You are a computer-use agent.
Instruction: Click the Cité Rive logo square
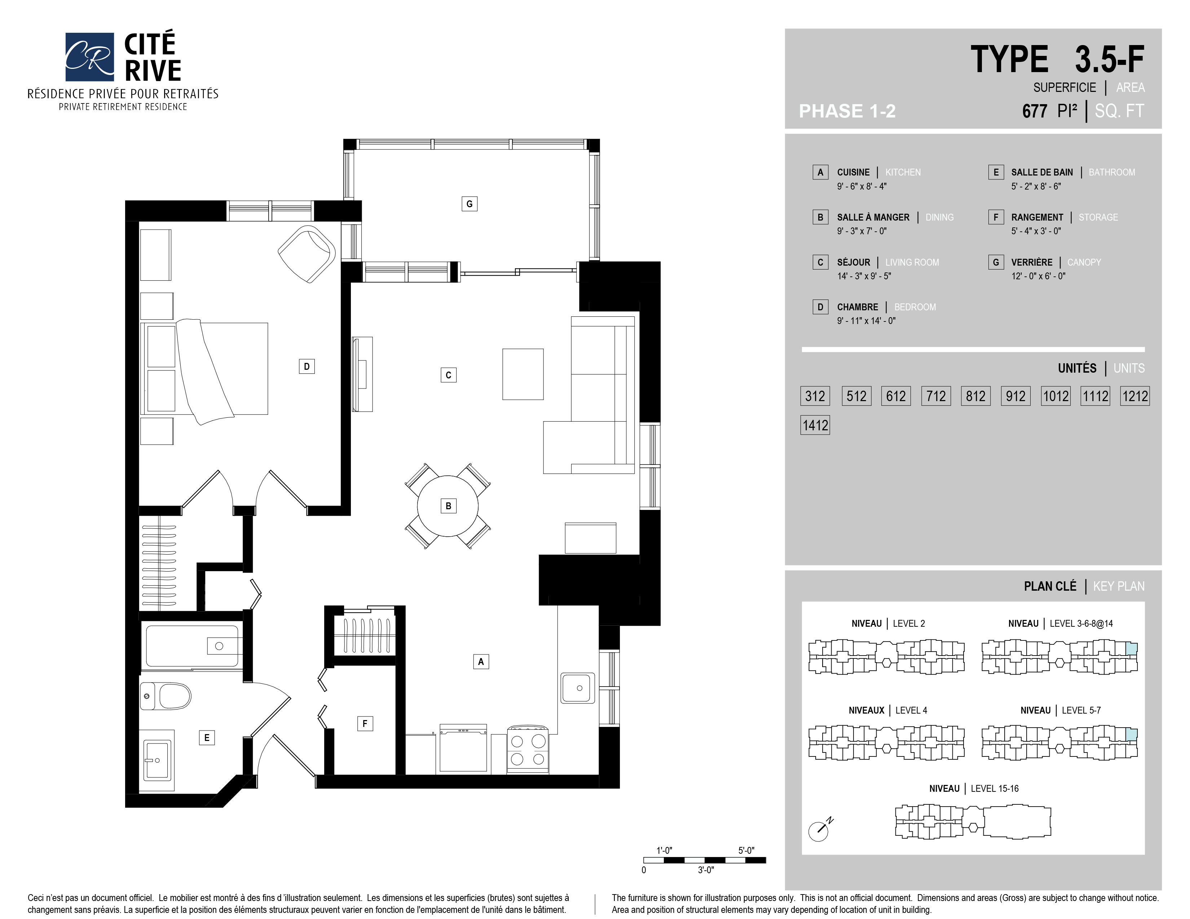click(90, 57)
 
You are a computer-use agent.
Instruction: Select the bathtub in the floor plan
click(192, 646)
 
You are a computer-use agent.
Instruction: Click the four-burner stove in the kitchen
click(528, 750)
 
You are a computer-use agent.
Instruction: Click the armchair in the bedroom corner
click(307, 254)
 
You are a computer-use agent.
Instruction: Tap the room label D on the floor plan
click(307, 367)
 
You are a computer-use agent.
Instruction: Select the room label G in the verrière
click(469, 204)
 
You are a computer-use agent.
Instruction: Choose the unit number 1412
click(815, 425)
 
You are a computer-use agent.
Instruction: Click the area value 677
click(1034, 111)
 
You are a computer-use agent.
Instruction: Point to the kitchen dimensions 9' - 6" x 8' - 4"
click(862, 186)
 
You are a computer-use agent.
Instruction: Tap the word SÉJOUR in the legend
click(853, 262)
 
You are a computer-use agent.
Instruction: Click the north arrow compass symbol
click(820, 830)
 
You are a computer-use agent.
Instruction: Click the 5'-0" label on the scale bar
click(746, 851)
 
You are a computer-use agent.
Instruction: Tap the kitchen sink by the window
click(578, 688)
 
